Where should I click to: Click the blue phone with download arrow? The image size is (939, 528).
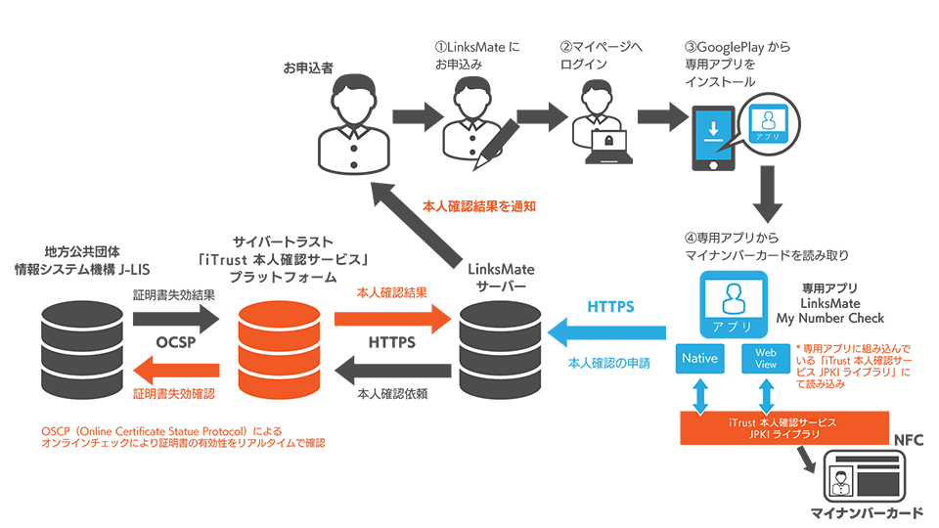coord(714,135)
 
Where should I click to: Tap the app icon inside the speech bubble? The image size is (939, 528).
coord(770,123)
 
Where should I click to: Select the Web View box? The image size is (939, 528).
coord(766,358)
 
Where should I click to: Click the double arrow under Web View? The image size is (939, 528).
coord(766,396)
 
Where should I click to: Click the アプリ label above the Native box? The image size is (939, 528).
coord(733,328)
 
